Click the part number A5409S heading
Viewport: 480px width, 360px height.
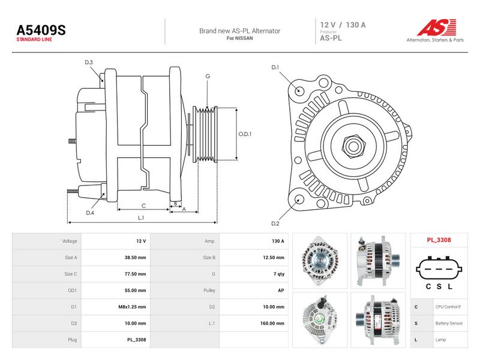coord(41,30)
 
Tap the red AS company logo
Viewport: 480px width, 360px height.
coord(437,28)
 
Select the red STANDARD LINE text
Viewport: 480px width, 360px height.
coord(34,40)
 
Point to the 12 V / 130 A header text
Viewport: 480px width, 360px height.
coord(343,25)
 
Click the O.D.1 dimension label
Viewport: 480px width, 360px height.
coord(245,134)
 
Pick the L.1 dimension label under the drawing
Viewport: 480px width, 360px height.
coord(141,218)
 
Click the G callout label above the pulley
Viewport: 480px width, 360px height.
coord(208,76)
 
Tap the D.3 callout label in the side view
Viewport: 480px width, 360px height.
coord(89,62)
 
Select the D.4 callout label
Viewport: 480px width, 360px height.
coord(90,212)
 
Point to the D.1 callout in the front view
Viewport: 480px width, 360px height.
coord(275,67)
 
